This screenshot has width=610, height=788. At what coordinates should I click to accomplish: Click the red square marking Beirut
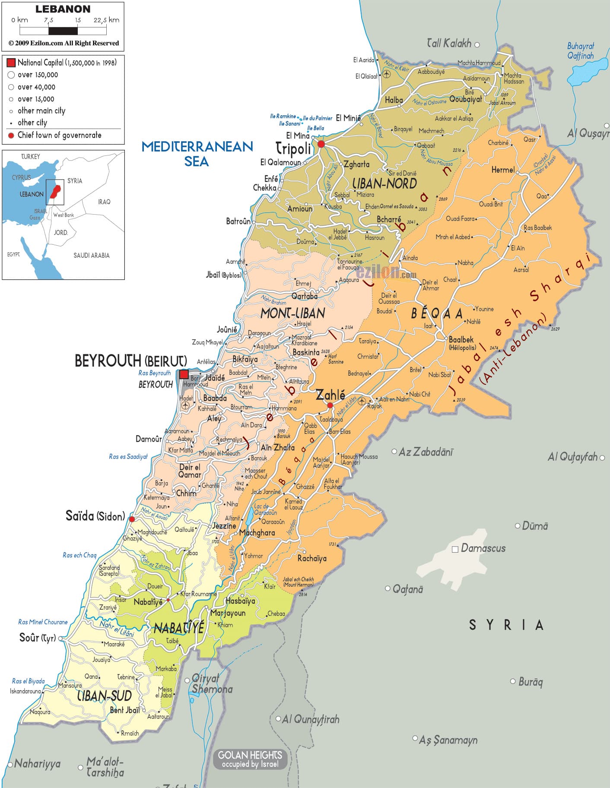184,374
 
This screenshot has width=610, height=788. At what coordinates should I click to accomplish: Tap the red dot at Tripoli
321,144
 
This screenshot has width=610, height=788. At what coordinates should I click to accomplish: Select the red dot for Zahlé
330,405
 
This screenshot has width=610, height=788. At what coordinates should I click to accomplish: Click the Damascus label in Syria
483,548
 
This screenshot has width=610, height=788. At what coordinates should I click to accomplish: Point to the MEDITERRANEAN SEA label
197,153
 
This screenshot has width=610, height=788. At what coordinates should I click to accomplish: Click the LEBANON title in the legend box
63,9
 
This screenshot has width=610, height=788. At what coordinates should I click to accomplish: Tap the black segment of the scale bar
63,31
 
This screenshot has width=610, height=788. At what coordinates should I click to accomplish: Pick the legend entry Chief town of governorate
59,135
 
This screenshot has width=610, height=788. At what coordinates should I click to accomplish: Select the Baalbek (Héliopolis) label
461,343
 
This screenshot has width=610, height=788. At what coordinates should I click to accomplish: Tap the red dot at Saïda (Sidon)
132,519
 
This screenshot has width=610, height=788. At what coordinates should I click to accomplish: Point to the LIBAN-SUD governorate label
104,696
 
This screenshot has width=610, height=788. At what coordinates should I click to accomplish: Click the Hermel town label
503,170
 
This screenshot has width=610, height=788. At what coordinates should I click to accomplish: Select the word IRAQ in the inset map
104,202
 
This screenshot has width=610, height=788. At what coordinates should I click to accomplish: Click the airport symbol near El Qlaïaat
386,74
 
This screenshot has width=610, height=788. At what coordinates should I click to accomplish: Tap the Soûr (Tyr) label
38,638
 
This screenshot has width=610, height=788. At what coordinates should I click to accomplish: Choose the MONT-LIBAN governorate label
292,313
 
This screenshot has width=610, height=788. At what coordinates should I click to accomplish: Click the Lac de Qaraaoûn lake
250,516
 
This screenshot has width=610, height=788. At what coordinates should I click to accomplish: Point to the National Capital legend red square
11,63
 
